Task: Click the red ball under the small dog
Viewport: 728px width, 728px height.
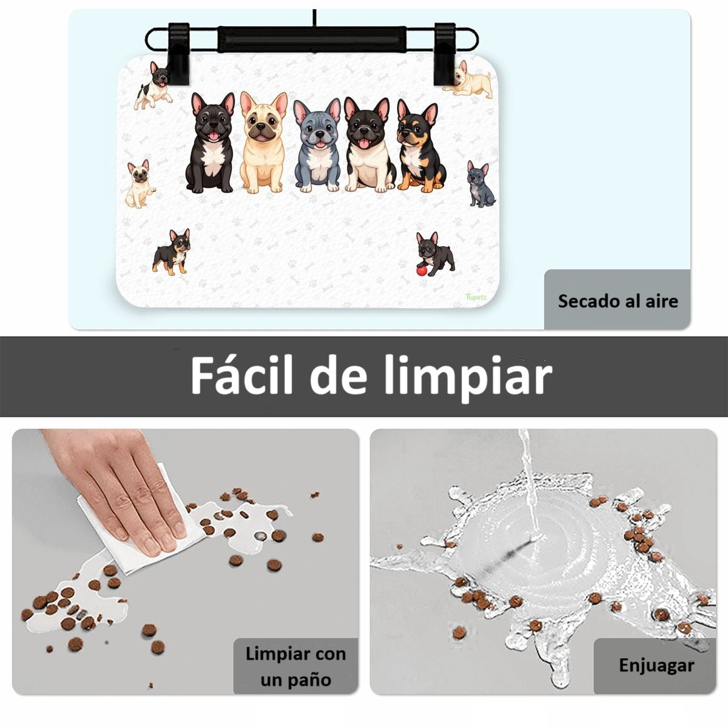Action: coord(422,271)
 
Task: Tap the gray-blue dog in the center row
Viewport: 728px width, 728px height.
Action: coord(317,145)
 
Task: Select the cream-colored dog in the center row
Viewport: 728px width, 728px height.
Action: coord(264,143)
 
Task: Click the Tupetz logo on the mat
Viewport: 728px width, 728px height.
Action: coord(476,297)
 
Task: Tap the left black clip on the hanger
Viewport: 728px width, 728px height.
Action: coord(179,54)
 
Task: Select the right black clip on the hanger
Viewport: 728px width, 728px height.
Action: coord(445,54)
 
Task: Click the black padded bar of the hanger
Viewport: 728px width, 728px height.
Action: coord(312,39)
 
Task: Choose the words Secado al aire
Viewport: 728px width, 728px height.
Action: coord(618,301)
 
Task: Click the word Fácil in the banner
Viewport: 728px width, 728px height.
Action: coord(241,376)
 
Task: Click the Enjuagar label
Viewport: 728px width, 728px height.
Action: coord(656,665)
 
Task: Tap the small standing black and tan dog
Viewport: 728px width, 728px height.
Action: coord(172,252)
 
